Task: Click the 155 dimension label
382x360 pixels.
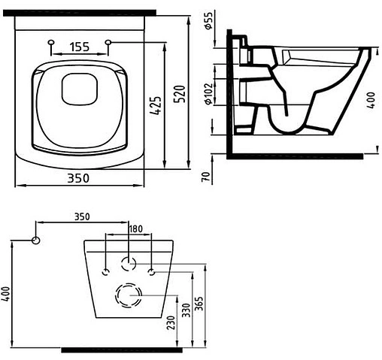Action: click(x=79, y=47)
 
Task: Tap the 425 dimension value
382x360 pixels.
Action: click(x=156, y=105)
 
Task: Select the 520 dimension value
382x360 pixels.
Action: click(x=180, y=94)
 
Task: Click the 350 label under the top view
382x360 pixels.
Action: click(x=78, y=178)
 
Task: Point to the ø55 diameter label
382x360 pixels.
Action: click(x=209, y=20)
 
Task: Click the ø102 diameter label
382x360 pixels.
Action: click(x=208, y=93)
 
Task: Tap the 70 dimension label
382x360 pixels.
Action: click(x=205, y=177)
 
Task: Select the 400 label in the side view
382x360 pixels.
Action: click(x=371, y=100)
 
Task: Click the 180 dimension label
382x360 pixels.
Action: click(x=135, y=228)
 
